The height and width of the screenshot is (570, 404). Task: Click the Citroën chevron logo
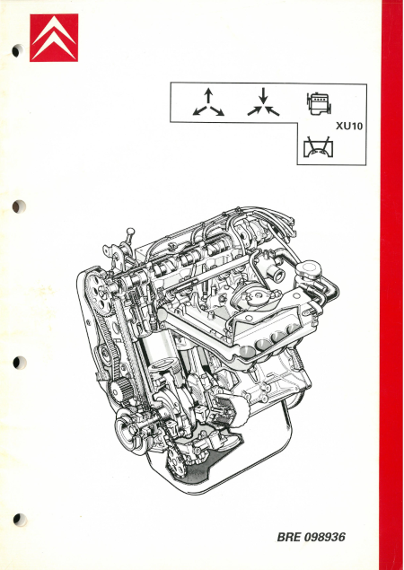pyautogui.click(x=54, y=38)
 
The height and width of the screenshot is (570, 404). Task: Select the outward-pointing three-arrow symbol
pyautogui.click(x=207, y=103)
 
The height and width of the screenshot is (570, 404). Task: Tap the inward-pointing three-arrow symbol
pyautogui.click(x=264, y=103)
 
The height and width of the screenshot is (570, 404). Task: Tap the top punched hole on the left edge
pyautogui.click(x=17, y=51)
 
